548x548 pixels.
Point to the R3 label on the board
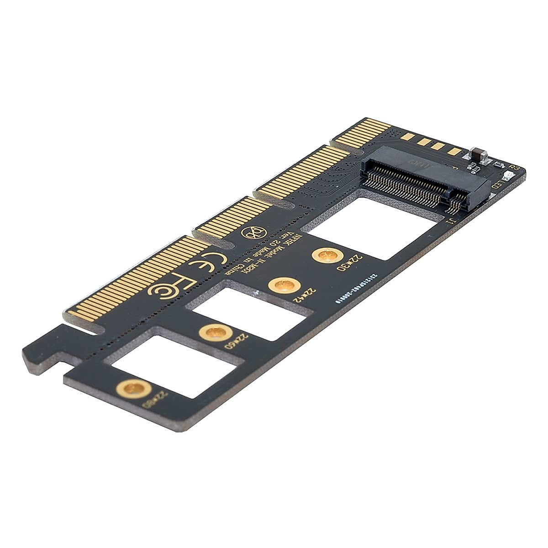(513, 169)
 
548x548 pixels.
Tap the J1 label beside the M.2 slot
(450, 222)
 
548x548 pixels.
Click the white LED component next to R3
(504, 175)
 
